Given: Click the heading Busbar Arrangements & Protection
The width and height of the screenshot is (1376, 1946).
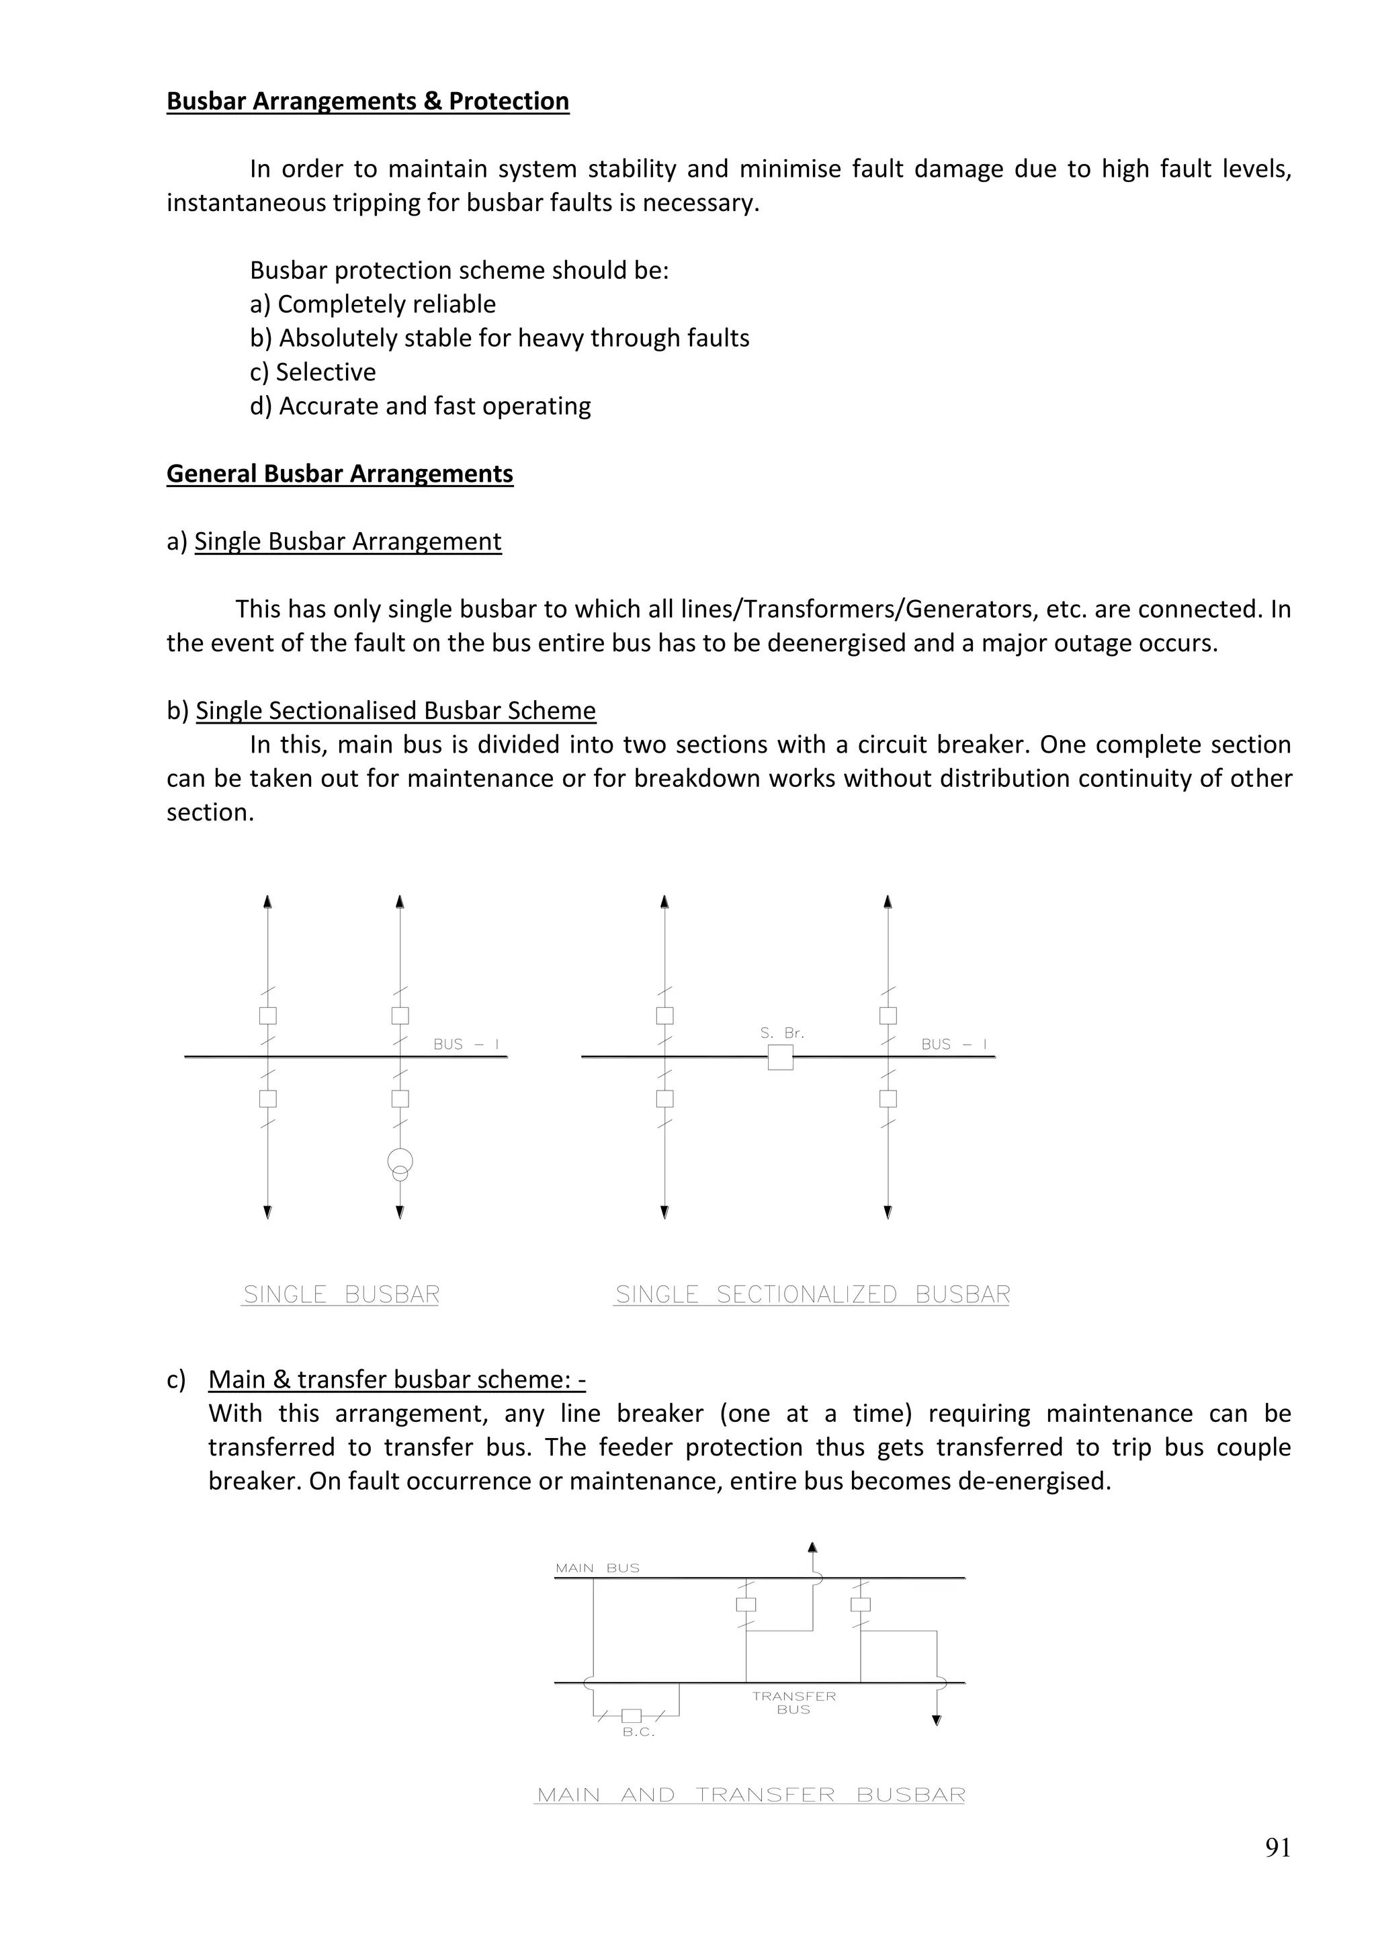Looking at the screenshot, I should [x=368, y=101].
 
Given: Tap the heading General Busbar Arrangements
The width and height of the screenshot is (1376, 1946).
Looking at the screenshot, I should [x=340, y=474].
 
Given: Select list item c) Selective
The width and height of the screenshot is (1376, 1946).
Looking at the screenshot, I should [x=312, y=372].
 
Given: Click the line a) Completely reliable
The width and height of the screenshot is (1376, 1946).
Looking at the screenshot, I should [x=373, y=304].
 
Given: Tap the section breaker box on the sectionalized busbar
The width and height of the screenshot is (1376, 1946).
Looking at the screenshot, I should [x=780, y=1057].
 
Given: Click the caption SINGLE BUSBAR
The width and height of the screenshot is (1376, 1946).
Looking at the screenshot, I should [x=341, y=1295].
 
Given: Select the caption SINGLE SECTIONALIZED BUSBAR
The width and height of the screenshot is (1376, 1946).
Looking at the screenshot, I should [x=812, y=1295].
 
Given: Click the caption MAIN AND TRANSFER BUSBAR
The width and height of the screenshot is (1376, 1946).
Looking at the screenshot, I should [x=750, y=1795].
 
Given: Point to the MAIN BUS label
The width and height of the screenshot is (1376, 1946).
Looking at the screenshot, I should [x=597, y=1568].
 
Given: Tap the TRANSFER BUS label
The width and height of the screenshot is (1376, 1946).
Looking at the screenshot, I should [x=794, y=1702].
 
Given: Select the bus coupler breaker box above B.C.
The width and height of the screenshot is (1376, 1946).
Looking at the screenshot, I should [x=632, y=1716].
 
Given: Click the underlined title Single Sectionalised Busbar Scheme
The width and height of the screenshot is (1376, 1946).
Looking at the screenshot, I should [x=396, y=711].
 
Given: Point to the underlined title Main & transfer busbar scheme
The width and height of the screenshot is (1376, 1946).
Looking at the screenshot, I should [x=396, y=1380].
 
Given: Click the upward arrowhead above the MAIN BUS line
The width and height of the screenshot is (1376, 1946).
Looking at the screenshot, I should [x=812, y=1548].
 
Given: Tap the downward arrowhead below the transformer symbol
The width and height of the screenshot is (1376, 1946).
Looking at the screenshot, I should [x=400, y=1213].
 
